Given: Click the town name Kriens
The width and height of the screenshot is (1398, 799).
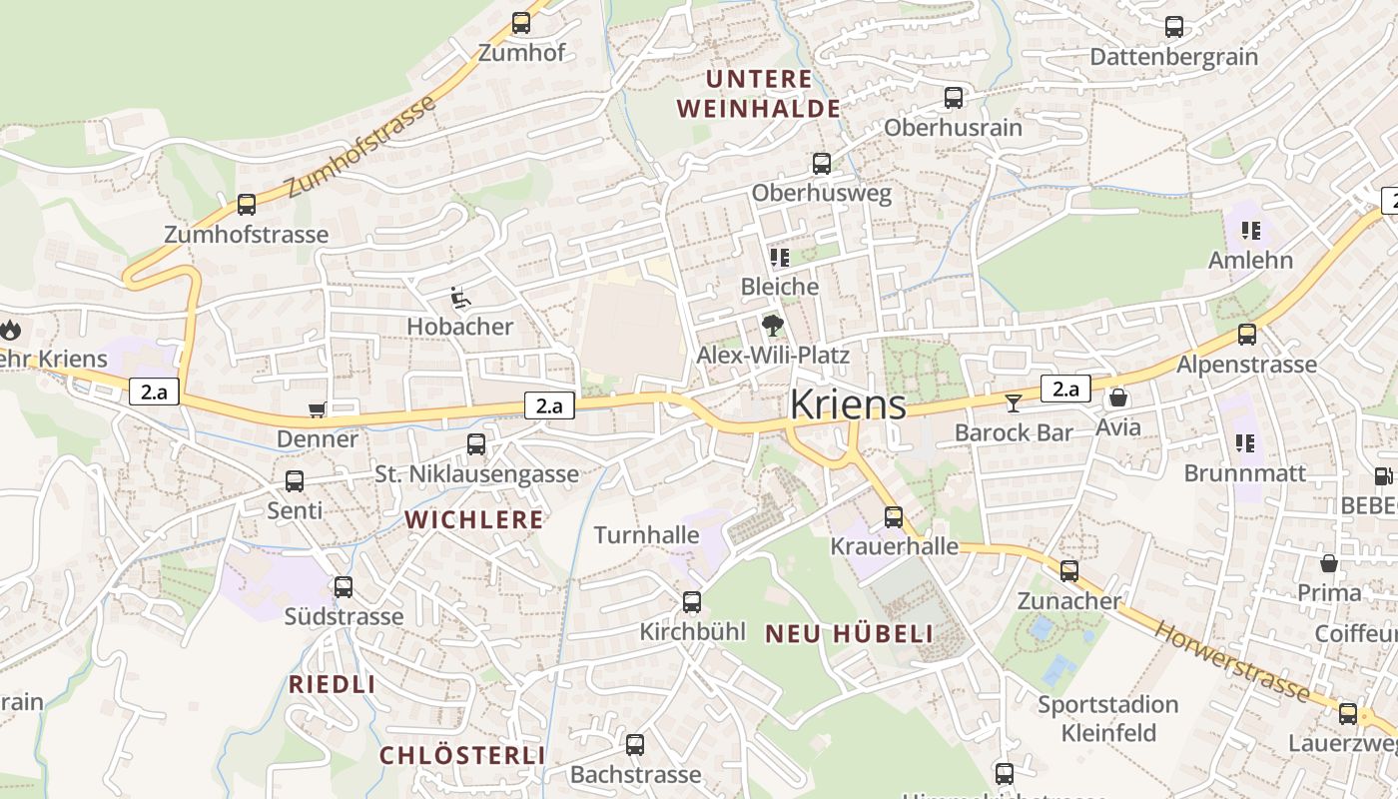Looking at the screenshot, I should [x=848, y=404].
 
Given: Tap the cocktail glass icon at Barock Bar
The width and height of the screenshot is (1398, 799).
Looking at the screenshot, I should [x=1014, y=402].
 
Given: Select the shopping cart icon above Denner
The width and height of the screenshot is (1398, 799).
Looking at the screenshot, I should [x=318, y=409].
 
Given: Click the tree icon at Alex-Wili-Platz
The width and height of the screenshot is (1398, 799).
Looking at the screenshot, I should [x=772, y=325].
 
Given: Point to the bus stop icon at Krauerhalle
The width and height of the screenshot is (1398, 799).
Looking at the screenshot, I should [x=894, y=517].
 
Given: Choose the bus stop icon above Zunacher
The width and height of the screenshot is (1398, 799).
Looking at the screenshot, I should [x=1069, y=571].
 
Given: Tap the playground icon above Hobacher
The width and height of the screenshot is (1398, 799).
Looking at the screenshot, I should [x=459, y=298].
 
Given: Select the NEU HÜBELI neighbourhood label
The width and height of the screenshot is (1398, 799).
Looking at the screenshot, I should [x=849, y=633].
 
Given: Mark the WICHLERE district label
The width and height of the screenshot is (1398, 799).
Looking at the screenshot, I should [x=474, y=519].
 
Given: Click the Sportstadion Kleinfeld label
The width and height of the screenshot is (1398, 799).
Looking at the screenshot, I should [x=1108, y=719].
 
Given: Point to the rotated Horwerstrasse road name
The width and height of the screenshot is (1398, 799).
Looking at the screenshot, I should [x=1231, y=660].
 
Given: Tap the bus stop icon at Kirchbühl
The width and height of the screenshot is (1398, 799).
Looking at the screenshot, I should [x=692, y=602].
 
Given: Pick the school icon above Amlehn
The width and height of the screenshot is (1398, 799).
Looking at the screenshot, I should [x=1250, y=231].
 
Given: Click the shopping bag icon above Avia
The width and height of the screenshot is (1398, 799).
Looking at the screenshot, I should [x=1118, y=399].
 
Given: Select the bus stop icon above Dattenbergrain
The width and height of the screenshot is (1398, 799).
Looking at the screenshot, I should [x=1174, y=27].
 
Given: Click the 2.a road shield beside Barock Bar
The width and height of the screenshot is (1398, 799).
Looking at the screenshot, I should [x=1065, y=389].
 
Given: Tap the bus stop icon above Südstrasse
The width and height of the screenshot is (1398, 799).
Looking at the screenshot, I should [x=344, y=587].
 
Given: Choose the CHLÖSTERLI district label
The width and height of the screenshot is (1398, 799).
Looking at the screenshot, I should [x=462, y=755].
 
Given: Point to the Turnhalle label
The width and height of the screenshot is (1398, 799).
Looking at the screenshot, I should [x=646, y=535].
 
